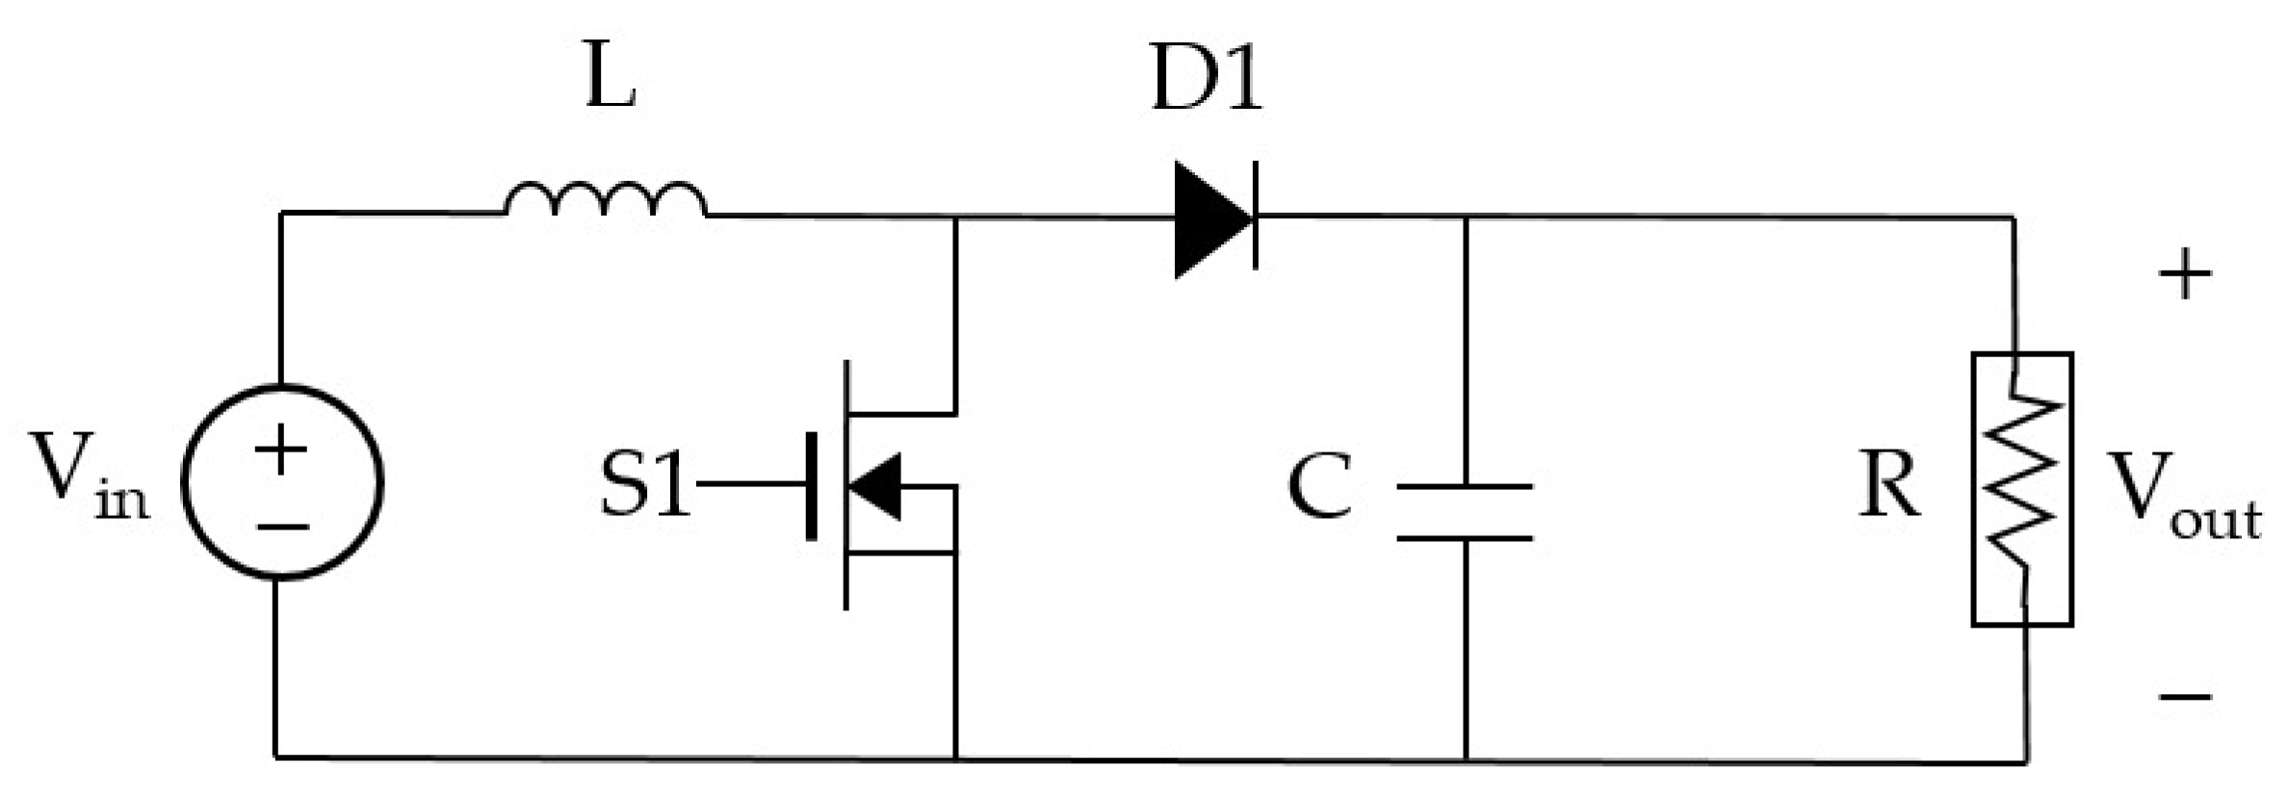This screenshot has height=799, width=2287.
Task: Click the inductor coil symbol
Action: (606, 198)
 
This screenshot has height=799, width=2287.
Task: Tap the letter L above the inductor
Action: (611, 83)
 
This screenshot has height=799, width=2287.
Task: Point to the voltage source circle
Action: (281, 482)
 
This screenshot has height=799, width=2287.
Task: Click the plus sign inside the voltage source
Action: (281, 449)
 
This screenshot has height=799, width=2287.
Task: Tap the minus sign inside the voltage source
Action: (281, 527)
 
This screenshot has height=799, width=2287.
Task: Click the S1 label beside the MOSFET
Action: (644, 484)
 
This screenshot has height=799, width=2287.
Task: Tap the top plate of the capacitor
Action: (1465, 487)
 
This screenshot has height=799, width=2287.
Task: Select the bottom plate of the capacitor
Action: (1465, 538)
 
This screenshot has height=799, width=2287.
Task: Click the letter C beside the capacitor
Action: (1319, 486)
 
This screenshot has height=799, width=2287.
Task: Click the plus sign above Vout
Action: (2185, 275)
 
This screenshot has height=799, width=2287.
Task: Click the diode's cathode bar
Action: (1256, 219)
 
